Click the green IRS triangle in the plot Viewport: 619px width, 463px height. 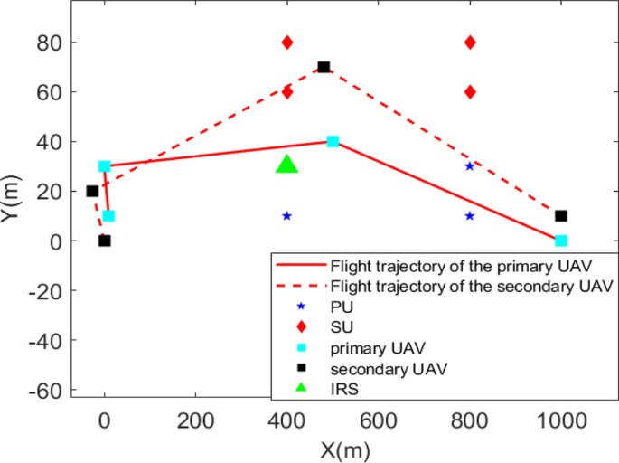[x=286, y=165]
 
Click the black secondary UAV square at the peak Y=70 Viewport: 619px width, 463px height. [x=324, y=67]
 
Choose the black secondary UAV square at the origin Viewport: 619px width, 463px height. [x=104, y=241]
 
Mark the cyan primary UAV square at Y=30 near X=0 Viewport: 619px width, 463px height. [x=104, y=166]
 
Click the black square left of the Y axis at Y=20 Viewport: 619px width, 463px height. [x=92, y=191]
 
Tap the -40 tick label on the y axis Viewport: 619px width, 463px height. [x=42, y=340]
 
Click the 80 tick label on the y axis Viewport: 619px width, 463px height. [x=49, y=43]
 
